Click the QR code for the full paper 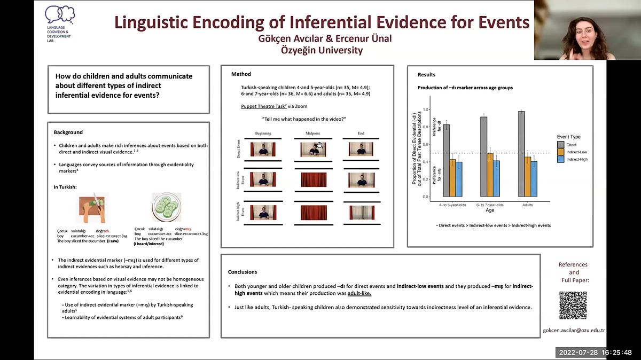click(x=573, y=306)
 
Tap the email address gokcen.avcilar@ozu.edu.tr click(x=573, y=330)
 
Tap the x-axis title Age click(x=489, y=210)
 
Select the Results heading click(x=426, y=75)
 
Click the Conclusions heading click(x=243, y=272)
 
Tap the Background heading click(x=68, y=132)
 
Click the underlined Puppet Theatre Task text click(x=263, y=106)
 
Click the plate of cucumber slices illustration click(x=166, y=207)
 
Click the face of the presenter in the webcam click(x=588, y=30)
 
